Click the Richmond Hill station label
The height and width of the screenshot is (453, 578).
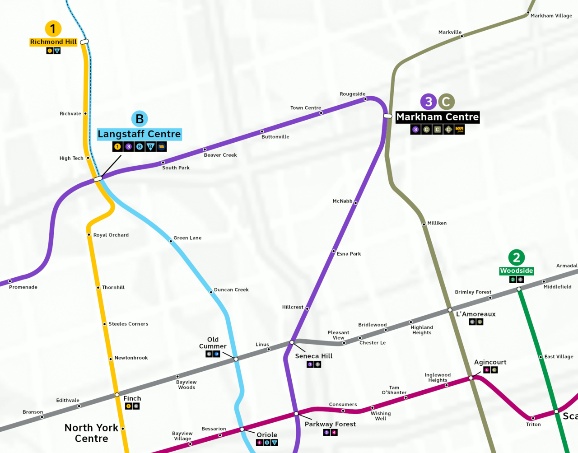tap(53, 42)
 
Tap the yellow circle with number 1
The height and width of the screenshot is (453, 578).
tap(53, 29)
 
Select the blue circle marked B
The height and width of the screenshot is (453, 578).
tap(140, 119)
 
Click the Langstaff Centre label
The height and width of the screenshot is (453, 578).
tap(139, 134)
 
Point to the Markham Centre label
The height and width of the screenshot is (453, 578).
tap(437, 117)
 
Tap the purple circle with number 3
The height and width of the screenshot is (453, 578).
tap(429, 102)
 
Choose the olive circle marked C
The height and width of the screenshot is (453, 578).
tap(446, 102)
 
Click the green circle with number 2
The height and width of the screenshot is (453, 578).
tap(516, 258)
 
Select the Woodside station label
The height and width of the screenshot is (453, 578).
tap(516, 271)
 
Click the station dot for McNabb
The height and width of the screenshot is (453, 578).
tap(355, 203)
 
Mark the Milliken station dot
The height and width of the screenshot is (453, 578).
tap(424, 224)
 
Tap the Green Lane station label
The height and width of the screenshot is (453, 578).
tap(187, 238)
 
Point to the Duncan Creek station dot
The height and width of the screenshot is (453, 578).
tap(211, 292)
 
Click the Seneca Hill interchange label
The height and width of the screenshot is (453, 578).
tap(314, 356)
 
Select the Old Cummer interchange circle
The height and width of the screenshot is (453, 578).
tap(236, 359)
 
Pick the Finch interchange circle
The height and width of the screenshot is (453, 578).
tap(117, 395)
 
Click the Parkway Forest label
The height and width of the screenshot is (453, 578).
tap(330, 424)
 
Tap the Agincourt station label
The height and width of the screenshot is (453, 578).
tap(490, 362)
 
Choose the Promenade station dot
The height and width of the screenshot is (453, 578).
tap(9, 281)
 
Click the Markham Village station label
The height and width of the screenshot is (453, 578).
tap(551, 16)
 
